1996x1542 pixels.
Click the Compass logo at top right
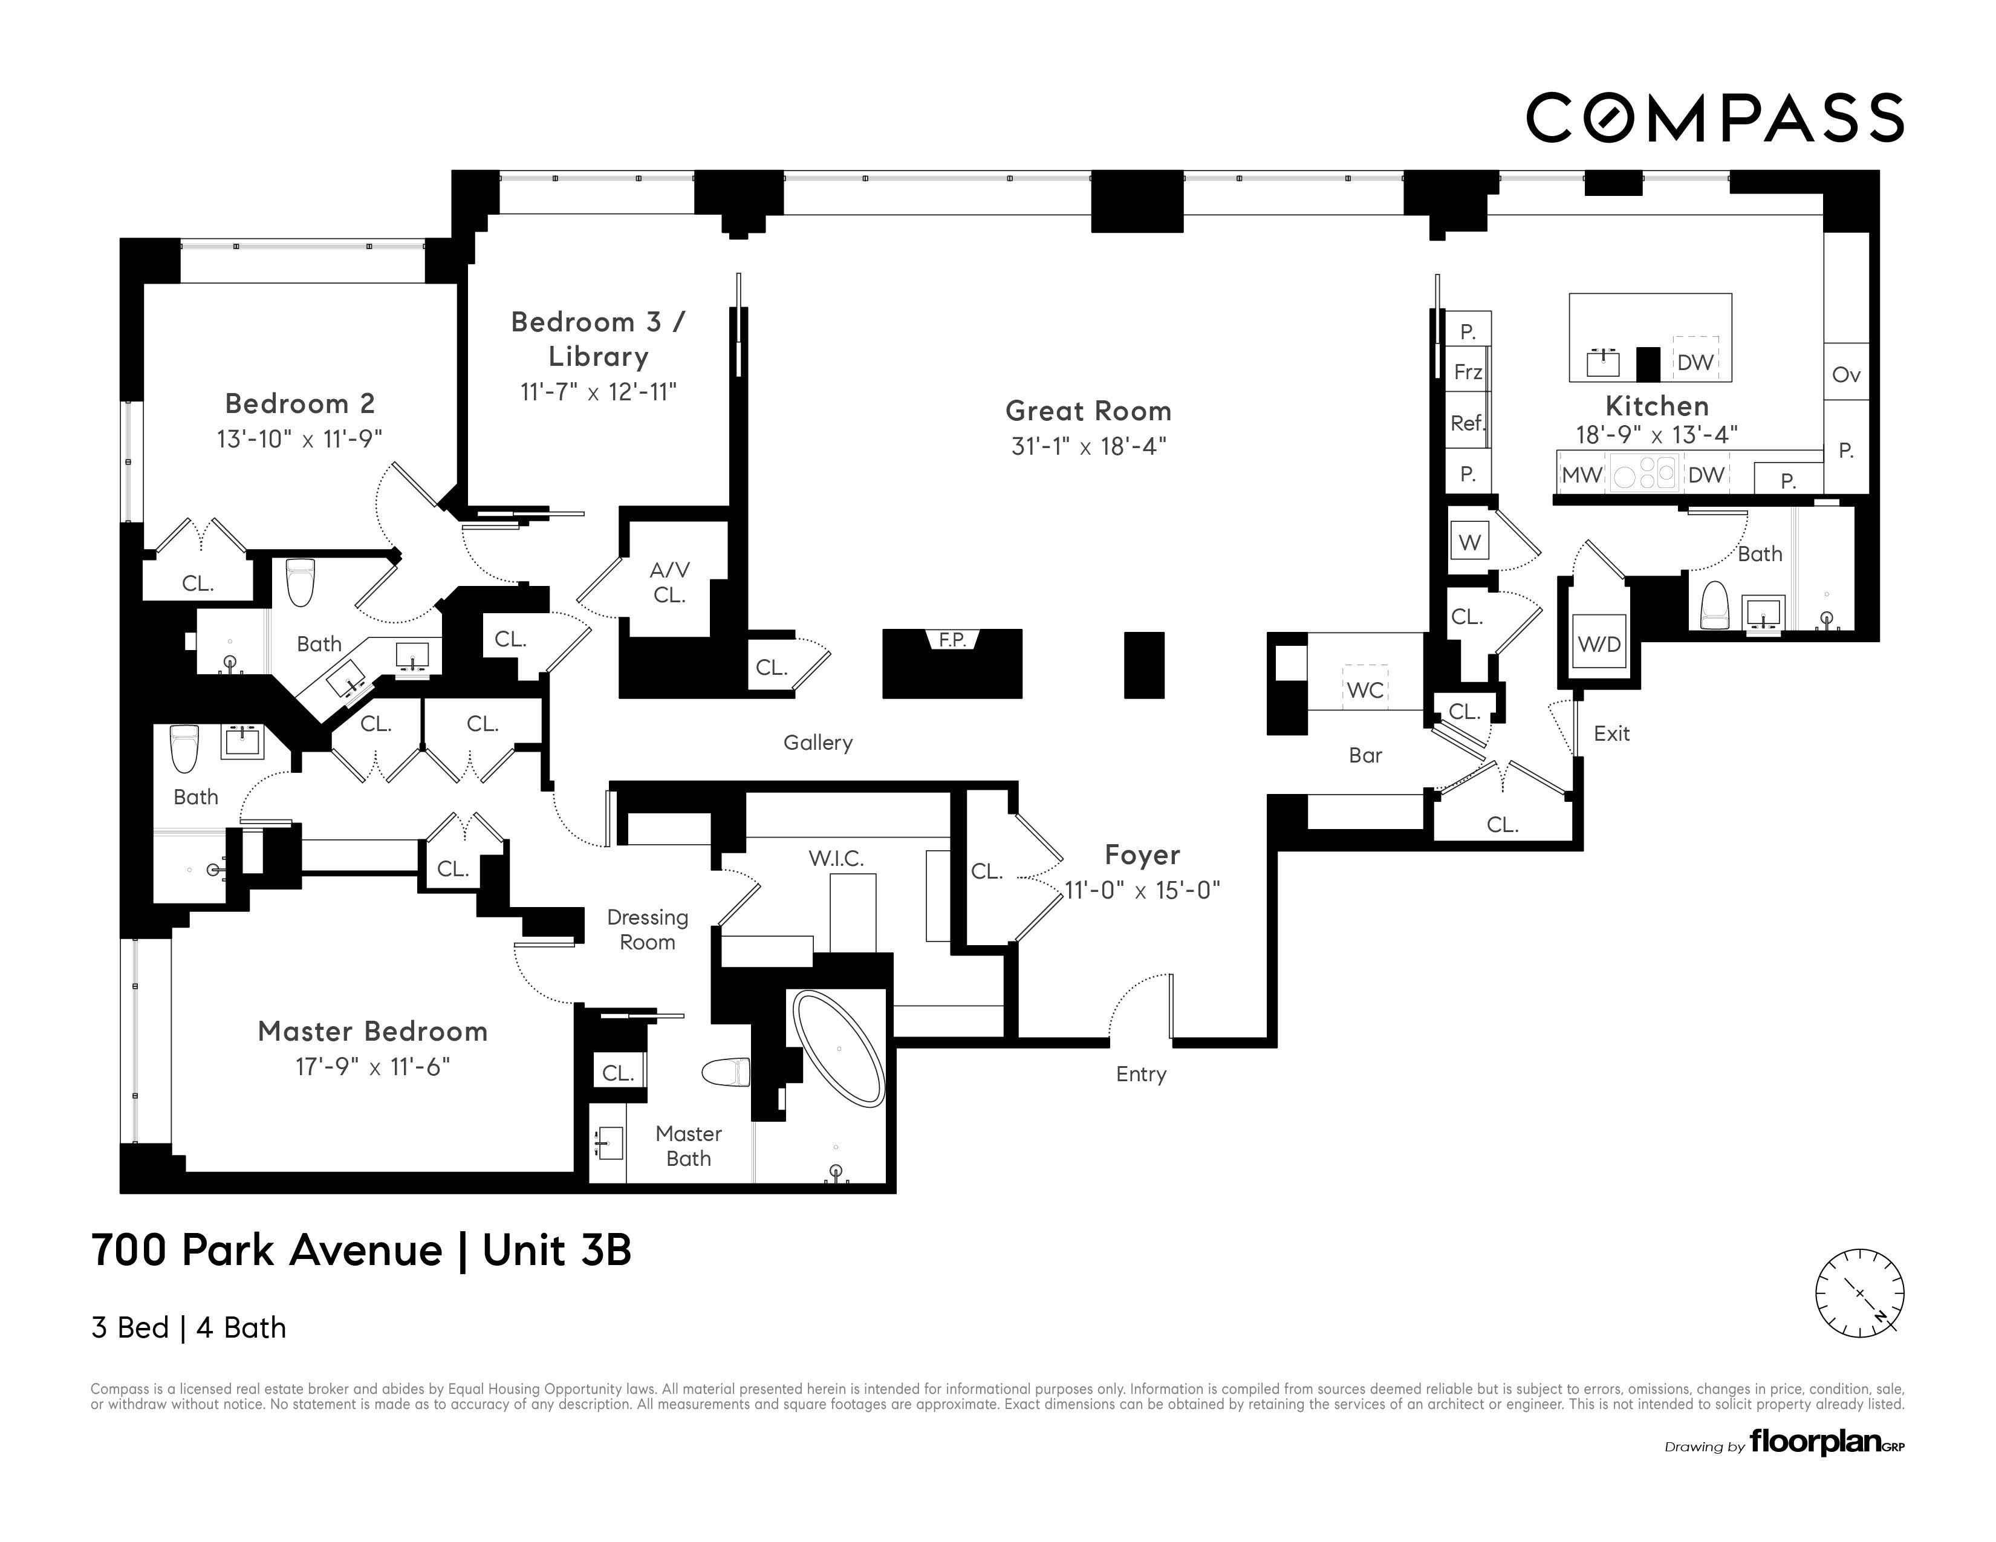[1714, 118]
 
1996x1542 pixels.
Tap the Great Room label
[1088, 411]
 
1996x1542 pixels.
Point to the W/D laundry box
[1599, 643]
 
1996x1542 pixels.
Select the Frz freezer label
[1468, 372]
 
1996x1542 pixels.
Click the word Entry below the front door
[1140, 1074]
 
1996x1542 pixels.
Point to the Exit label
[1611, 733]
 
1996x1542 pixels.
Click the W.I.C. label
[835, 858]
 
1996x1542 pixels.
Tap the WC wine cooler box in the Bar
[1365, 690]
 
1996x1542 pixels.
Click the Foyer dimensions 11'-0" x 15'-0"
[1142, 890]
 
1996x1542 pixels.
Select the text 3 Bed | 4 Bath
[188, 1327]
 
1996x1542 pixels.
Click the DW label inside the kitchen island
[1695, 362]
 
